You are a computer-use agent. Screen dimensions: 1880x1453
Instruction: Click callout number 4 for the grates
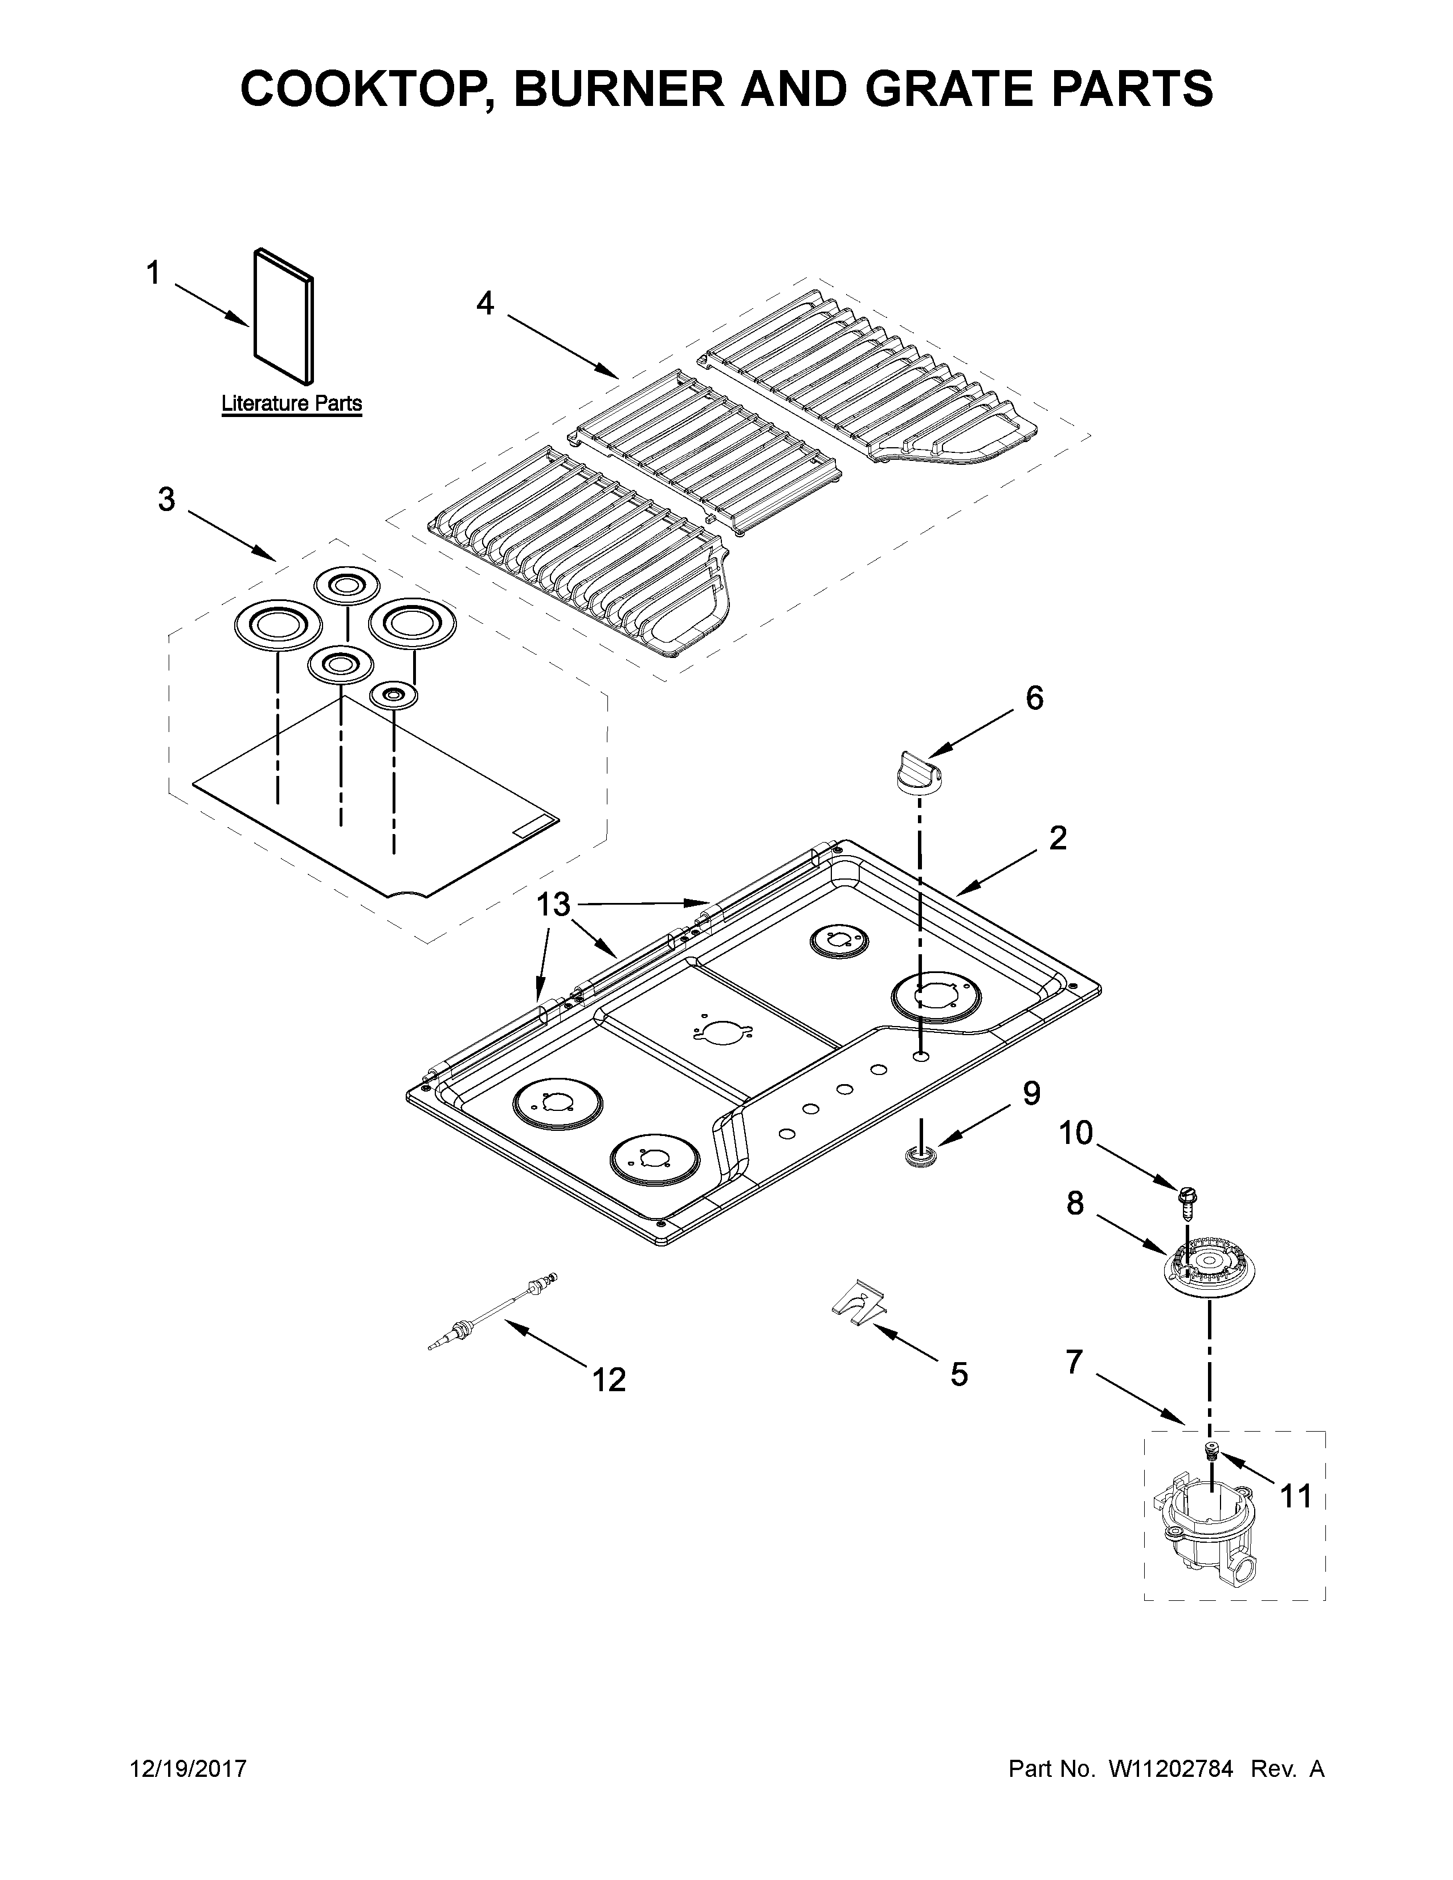pyautogui.click(x=485, y=303)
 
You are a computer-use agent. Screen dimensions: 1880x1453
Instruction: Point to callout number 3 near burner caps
pyautogui.click(x=167, y=499)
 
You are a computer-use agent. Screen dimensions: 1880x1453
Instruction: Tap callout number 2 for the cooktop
pyautogui.click(x=1058, y=837)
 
